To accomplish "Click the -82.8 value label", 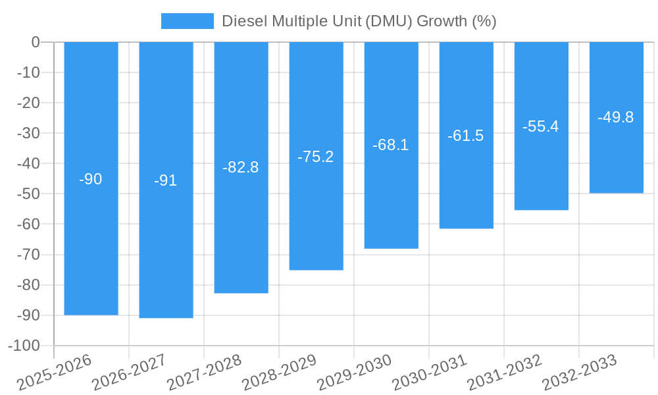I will pos(241,167).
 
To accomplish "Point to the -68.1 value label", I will pos(391,145).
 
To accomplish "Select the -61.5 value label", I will pos(466,136).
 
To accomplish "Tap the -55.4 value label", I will pos(541,126).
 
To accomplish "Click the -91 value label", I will pos(166,180).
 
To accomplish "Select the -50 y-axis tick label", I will pos(28,194).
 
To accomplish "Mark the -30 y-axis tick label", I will pos(28,133).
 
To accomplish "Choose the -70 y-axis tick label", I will pos(28,254).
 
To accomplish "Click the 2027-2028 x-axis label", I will pos(205,372).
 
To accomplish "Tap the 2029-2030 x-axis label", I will pos(355,372).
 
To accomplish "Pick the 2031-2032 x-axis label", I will pos(505,372).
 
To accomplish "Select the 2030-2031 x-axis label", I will pos(430,372).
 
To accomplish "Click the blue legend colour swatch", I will pos(188,21).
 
